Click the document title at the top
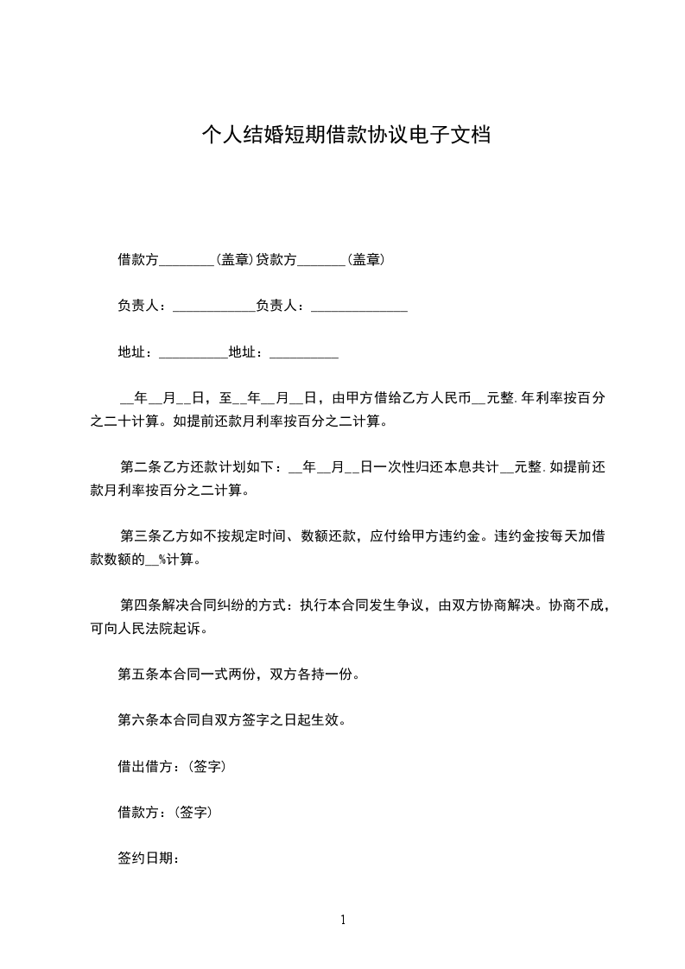346,136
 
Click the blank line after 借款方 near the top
187,260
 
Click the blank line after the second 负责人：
358,306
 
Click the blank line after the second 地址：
304,352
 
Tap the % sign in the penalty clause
162,560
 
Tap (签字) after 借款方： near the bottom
194,813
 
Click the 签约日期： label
148,858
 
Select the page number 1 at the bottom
343,920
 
